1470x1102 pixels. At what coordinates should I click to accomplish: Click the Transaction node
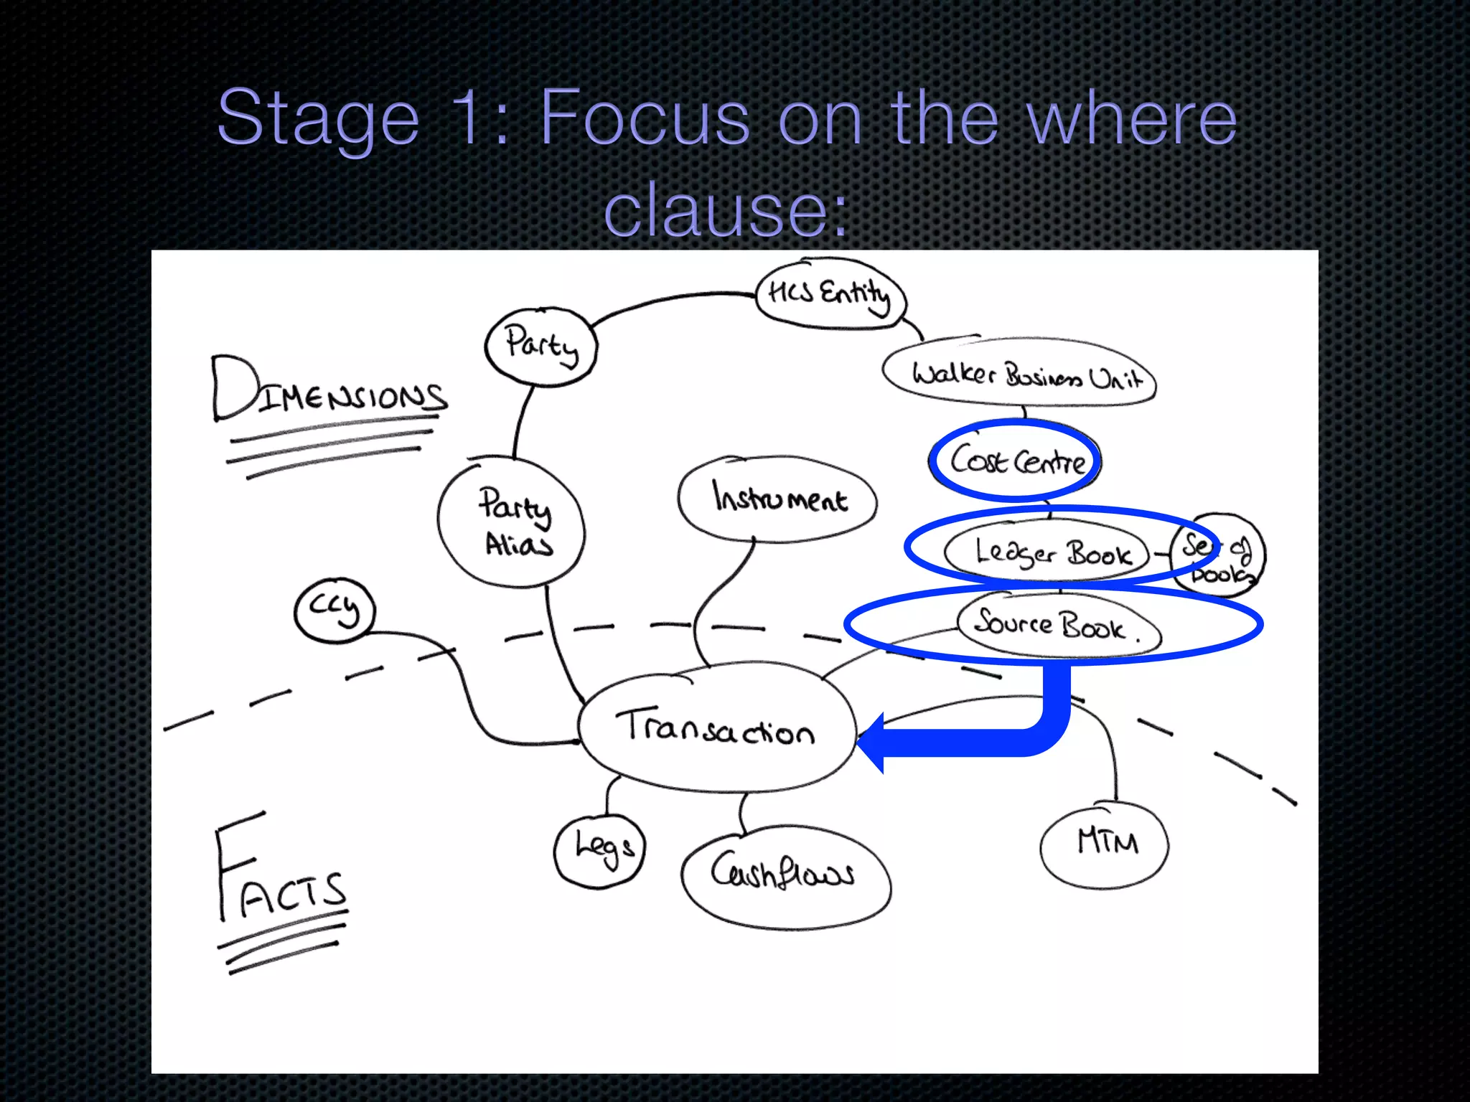coord(716,728)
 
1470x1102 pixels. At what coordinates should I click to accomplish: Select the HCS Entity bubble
coord(830,293)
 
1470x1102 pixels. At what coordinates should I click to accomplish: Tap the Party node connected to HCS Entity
coord(541,346)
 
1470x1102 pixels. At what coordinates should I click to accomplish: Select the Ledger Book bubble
coord(1051,552)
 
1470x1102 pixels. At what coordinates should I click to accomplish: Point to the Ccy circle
coord(334,611)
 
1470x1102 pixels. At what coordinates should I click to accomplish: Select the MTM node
coord(1105,844)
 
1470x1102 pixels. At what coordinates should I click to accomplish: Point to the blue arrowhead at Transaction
coord(873,743)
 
